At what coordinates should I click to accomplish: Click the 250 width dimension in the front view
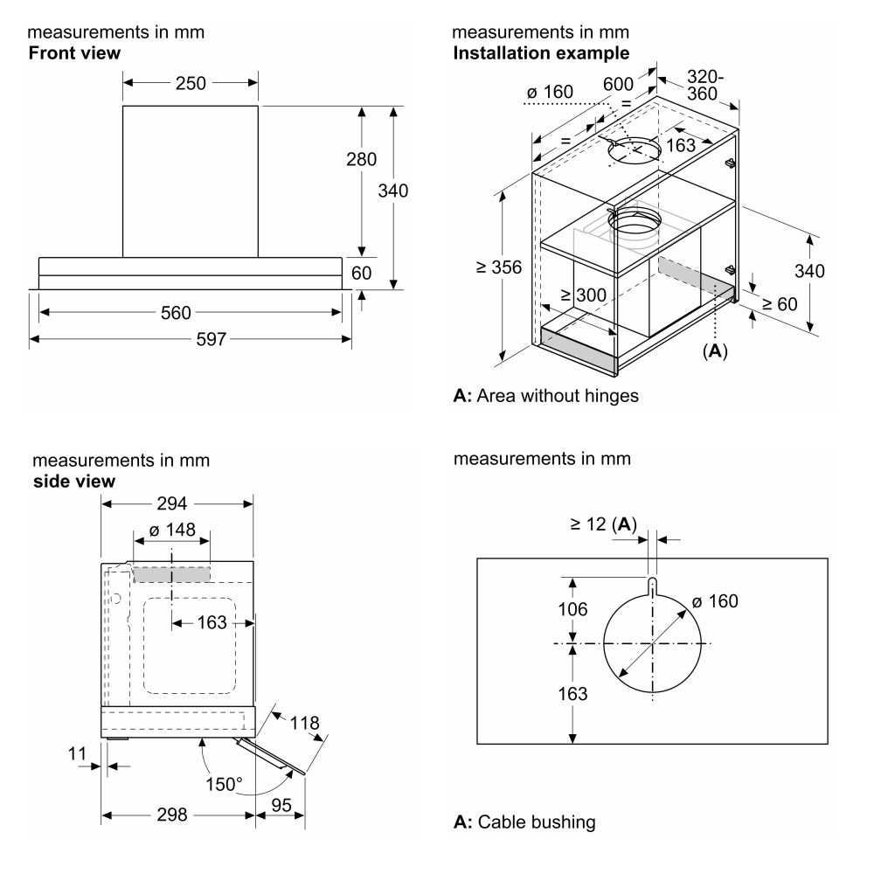[191, 84]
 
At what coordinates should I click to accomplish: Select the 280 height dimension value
[361, 160]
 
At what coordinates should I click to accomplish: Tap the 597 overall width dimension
[191, 338]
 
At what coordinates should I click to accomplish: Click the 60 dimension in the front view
[361, 273]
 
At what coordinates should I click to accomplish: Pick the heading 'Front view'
[75, 53]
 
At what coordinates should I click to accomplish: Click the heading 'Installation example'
[540, 53]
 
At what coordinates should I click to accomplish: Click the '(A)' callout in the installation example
[715, 351]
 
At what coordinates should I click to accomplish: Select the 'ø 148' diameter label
[172, 531]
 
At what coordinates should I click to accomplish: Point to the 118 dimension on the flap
[305, 724]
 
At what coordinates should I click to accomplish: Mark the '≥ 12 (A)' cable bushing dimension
[604, 524]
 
